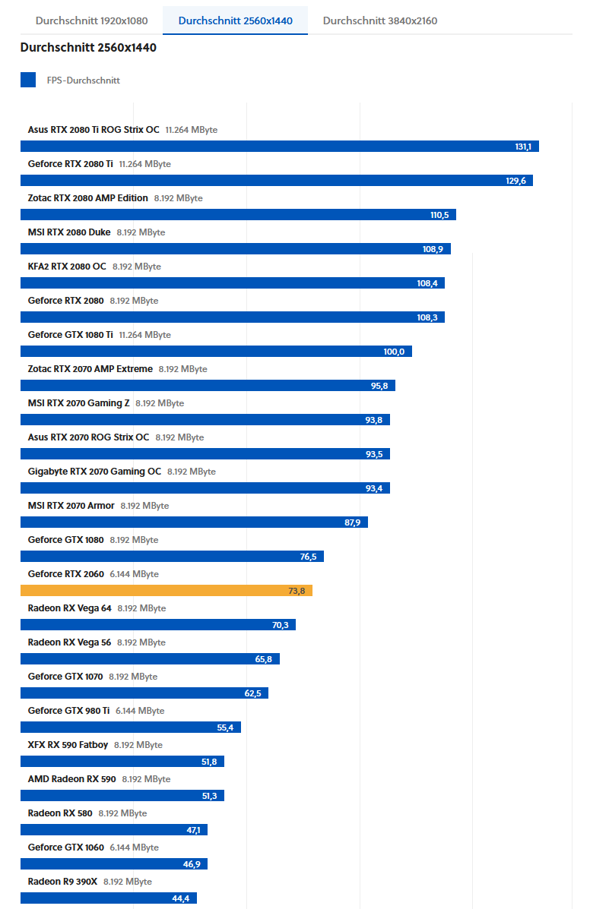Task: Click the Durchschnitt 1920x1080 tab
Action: (91, 21)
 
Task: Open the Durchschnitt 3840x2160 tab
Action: (379, 21)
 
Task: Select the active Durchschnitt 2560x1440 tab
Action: (235, 21)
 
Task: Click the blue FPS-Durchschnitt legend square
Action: (28, 80)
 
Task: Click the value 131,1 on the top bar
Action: (523, 147)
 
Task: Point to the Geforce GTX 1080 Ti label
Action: (71, 335)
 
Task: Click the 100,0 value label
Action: (395, 352)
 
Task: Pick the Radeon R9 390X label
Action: (62, 882)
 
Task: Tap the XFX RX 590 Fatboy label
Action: (68, 745)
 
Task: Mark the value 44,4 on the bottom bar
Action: (180, 898)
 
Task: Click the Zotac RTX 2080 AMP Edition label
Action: (88, 198)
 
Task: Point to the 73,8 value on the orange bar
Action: (297, 591)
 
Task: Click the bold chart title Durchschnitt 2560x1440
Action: (88, 48)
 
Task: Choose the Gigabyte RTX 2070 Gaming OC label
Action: (94, 472)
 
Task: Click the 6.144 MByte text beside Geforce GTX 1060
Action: (135, 847)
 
